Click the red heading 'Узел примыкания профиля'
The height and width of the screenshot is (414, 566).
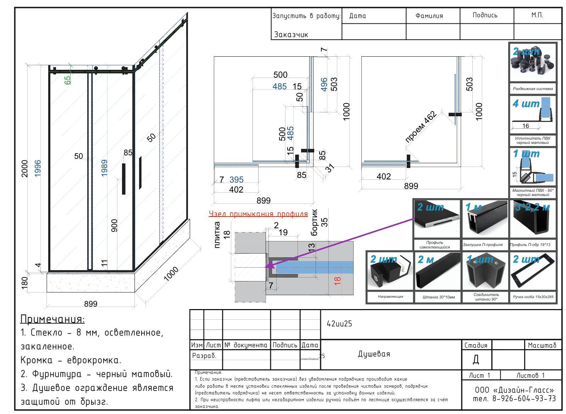click(x=258, y=214)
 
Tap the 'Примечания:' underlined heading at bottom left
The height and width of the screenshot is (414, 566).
click(x=52, y=319)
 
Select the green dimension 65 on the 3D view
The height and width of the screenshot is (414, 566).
click(x=67, y=80)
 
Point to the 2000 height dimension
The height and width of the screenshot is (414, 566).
click(x=24, y=168)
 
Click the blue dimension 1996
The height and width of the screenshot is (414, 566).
click(x=38, y=168)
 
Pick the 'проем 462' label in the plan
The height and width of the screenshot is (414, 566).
click(x=421, y=127)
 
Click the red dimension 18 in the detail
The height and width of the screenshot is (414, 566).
click(x=337, y=281)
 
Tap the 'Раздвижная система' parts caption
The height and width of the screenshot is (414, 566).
click(x=533, y=89)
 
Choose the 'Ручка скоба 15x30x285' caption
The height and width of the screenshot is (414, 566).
click(x=533, y=297)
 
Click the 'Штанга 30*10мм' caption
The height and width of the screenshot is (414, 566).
click(x=439, y=297)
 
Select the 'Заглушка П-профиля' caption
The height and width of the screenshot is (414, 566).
click(x=483, y=245)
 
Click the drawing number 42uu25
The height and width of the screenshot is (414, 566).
click(x=339, y=324)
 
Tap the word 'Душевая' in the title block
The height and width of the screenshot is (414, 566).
click(x=374, y=354)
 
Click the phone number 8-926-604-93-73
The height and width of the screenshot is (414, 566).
click(x=524, y=398)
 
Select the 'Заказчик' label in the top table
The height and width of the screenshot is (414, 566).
click(x=291, y=34)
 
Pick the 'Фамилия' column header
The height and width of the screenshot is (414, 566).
click(x=429, y=16)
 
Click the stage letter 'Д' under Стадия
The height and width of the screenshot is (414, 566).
click(x=476, y=360)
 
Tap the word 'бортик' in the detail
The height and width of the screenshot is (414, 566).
click(x=314, y=222)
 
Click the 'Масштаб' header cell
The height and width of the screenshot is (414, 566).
click(x=542, y=345)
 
